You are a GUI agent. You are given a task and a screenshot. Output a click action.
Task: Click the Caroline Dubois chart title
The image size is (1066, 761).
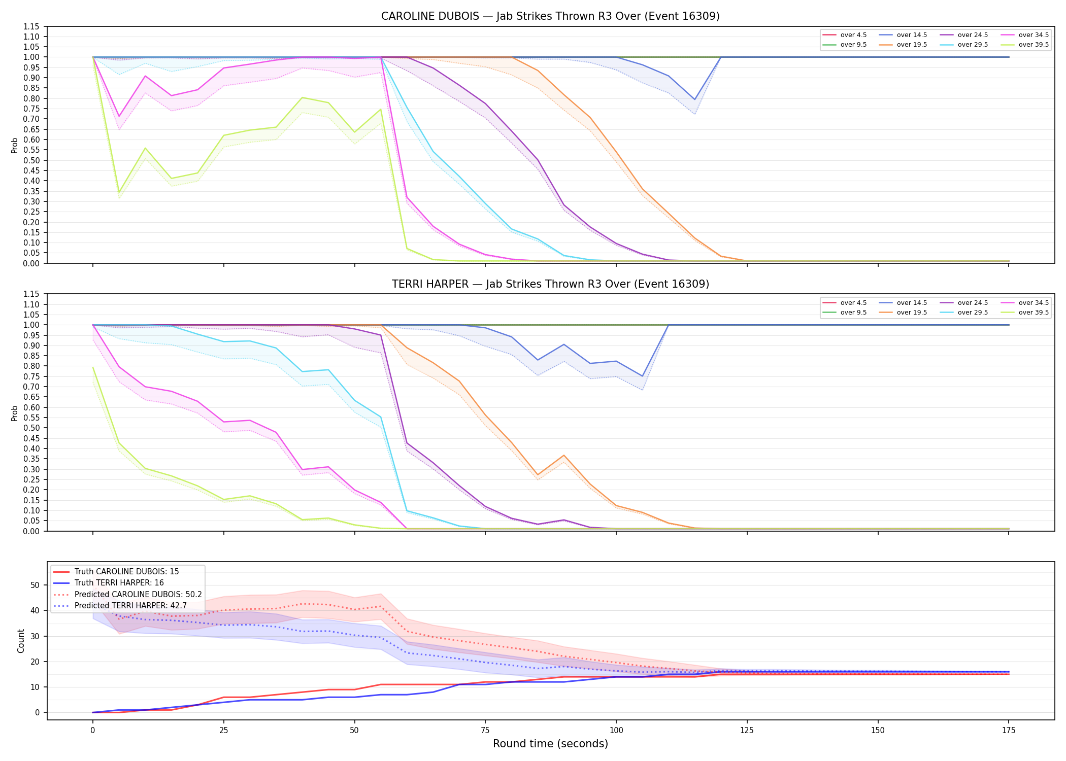point(550,16)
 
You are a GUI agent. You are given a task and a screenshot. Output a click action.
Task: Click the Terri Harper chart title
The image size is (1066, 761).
point(550,284)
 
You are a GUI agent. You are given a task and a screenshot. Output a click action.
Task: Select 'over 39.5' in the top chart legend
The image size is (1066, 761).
point(1034,45)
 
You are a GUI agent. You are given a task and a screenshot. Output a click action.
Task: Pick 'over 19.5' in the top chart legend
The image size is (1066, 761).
point(912,45)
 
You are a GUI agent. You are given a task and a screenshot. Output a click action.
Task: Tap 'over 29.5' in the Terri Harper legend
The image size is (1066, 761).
point(973,313)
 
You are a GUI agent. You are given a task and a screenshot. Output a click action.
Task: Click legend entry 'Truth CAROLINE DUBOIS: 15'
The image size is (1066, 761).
point(127,572)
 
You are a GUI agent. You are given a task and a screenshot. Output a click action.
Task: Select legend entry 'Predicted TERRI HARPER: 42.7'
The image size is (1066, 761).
point(130,606)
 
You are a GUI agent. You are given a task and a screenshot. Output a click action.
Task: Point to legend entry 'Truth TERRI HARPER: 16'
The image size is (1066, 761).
point(119,583)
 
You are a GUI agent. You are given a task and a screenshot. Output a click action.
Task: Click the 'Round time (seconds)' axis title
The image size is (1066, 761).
point(550,744)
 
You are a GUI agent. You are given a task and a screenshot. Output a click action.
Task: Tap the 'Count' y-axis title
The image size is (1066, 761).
point(21,641)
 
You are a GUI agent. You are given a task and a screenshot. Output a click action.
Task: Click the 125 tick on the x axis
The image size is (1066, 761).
point(747,731)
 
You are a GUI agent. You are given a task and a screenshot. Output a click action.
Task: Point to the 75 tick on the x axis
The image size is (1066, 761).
point(485,731)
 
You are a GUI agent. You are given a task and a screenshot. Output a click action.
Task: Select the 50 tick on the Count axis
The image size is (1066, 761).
point(35,585)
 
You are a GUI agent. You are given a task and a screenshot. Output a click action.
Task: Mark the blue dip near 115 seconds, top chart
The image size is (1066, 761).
point(694,99)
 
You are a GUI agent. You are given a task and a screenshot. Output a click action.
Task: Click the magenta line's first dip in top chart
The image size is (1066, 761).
point(119,117)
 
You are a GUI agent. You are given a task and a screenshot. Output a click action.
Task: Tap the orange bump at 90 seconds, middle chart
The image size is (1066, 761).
point(563,456)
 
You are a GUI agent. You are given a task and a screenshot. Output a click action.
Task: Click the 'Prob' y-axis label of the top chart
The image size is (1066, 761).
point(14,145)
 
